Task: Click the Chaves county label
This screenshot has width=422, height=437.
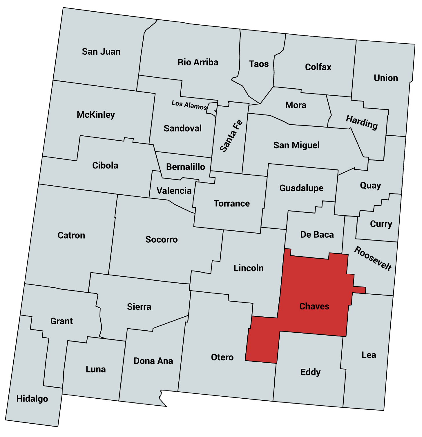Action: point(314,306)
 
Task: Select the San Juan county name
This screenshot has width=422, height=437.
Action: point(101,52)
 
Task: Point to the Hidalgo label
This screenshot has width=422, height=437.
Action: point(32,399)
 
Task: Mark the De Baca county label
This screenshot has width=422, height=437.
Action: point(317,234)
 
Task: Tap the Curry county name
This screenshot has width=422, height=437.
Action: point(381,224)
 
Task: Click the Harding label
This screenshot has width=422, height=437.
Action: point(362,122)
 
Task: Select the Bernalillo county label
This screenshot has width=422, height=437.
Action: point(186,167)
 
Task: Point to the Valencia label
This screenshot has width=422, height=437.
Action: point(174,191)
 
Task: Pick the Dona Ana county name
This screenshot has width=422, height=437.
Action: point(153,361)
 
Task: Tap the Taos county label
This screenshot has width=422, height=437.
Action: point(259,64)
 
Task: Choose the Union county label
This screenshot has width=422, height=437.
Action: point(386,78)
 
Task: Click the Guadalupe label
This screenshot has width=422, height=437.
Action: point(301,188)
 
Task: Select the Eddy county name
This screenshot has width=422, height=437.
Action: point(310,372)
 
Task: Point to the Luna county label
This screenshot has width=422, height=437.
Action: point(96,369)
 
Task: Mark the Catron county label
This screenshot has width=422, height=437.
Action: point(71,235)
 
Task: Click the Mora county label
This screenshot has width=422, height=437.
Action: point(296,105)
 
